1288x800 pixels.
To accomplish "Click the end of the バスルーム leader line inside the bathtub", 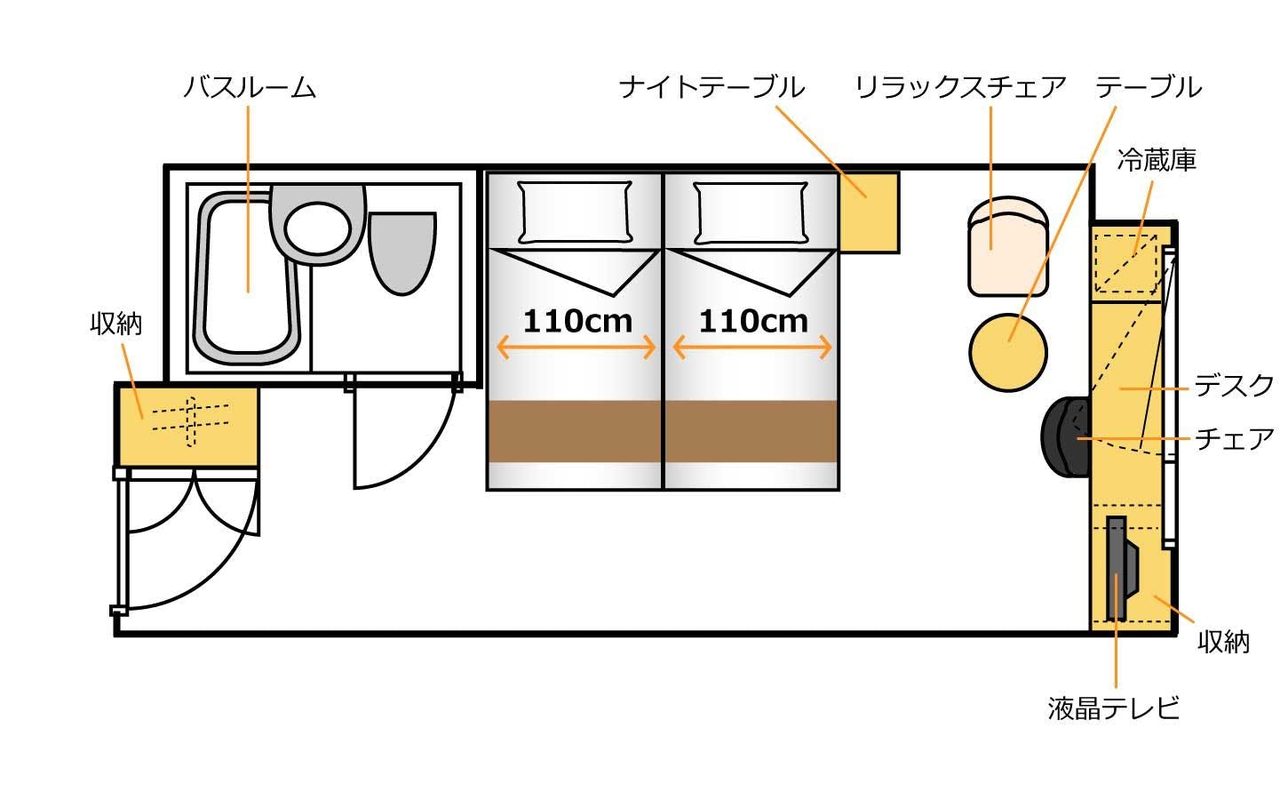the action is pyautogui.click(x=248, y=292).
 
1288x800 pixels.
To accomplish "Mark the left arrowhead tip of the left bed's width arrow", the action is pyautogui.click(x=497, y=348).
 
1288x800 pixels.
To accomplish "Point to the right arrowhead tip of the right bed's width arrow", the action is pyautogui.click(x=831, y=348).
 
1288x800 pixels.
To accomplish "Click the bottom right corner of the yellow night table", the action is pyautogui.click(x=899, y=252).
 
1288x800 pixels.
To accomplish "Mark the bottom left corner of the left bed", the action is pyautogui.click(x=488, y=489).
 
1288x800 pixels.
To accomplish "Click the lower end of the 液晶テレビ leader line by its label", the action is pyautogui.click(x=1116, y=687).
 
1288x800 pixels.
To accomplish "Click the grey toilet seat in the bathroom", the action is pyautogui.click(x=402, y=253).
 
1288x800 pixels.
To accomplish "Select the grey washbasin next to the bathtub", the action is pyautogui.click(x=317, y=225).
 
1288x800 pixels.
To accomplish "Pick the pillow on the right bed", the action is pyautogui.click(x=751, y=212).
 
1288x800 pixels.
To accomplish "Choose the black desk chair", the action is pyautogui.click(x=1065, y=436).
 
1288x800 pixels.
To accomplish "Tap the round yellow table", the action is pyautogui.click(x=1008, y=353).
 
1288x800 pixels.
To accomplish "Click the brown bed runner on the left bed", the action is pyautogui.click(x=575, y=431).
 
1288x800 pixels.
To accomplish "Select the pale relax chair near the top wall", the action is pyautogui.click(x=1008, y=246).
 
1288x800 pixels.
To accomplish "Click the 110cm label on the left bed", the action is pyautogui.click(x=577, y=321).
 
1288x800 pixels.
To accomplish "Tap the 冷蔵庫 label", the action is pyautogui.click(x=1157, y=160).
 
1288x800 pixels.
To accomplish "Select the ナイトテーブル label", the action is pyautogui.click(x=712, y=87).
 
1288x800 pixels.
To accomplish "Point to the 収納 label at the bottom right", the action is pyautogui.click(x=1224, y=642).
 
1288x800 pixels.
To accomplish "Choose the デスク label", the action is pyautogui.click(x=1234, y=385).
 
